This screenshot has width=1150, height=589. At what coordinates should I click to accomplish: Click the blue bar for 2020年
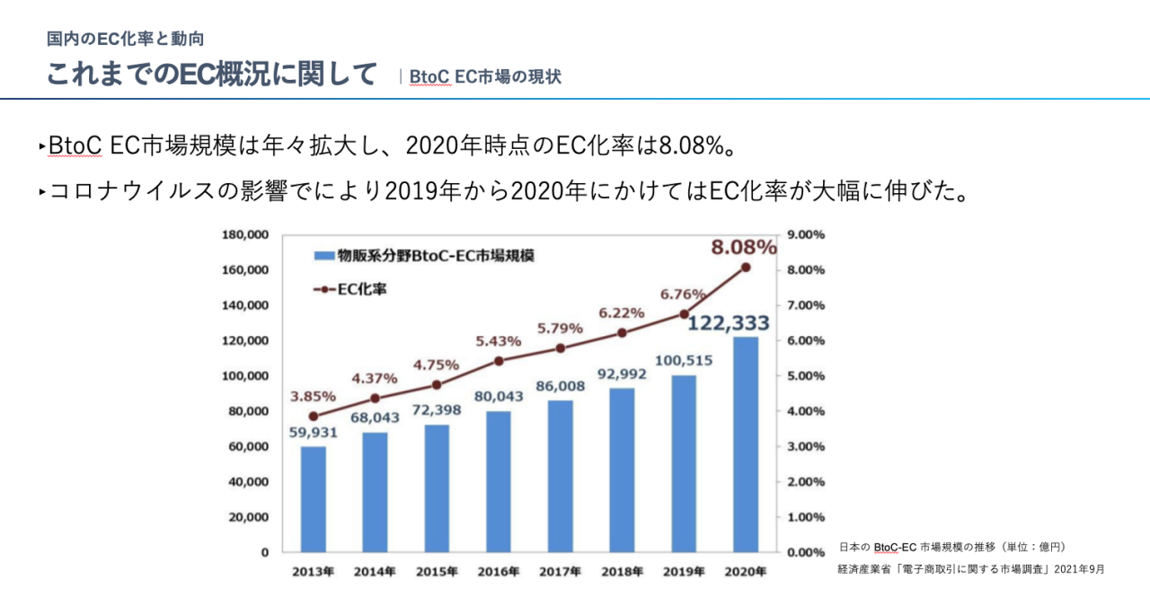[x=746, y=444]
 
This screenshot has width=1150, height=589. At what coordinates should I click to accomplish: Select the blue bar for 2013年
[x=313, y=499]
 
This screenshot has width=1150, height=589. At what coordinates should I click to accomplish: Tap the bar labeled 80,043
[x=499, y=481]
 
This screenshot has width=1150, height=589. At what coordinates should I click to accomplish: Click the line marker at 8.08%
[x=746, y=267]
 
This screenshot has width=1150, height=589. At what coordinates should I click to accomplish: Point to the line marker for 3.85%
[x=313, y=417]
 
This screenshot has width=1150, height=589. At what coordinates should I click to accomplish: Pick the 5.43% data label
[x=499, y=341]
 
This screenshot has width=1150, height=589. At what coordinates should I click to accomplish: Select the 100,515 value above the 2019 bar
[x=684, y=360]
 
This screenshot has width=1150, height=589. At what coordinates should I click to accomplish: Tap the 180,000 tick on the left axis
[x=245, y=235]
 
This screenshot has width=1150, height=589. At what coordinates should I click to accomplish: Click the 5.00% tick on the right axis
[x=806, y=376]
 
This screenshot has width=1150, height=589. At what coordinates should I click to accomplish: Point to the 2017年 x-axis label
[x=560, y=572]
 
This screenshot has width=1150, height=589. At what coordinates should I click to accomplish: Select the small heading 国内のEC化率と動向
[x=126, y=39]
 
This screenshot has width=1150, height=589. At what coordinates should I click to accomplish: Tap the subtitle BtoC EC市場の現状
[x=485, y=77]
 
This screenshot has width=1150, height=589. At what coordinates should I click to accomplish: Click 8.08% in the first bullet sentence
[x=691, y=145]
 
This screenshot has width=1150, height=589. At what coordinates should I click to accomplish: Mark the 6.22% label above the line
[x=622, y=313]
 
